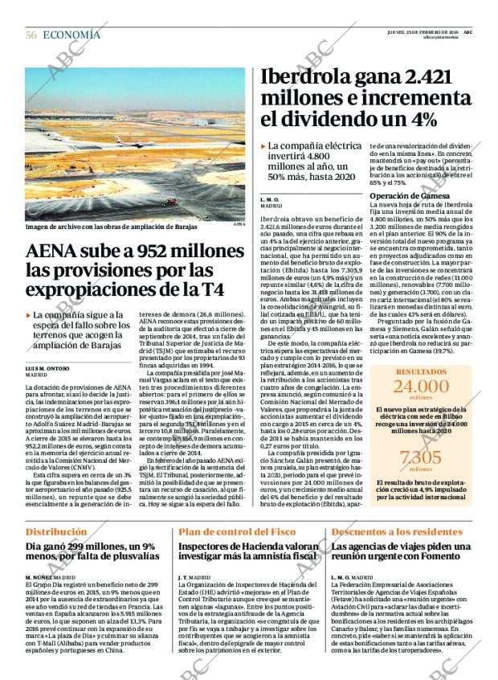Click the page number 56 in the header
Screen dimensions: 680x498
[x=31, y=35]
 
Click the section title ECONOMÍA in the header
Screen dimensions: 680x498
[x=71, y=35]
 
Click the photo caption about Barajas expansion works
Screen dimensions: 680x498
[x=112, y=227]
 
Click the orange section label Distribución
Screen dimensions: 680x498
[x=55, y=532]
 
